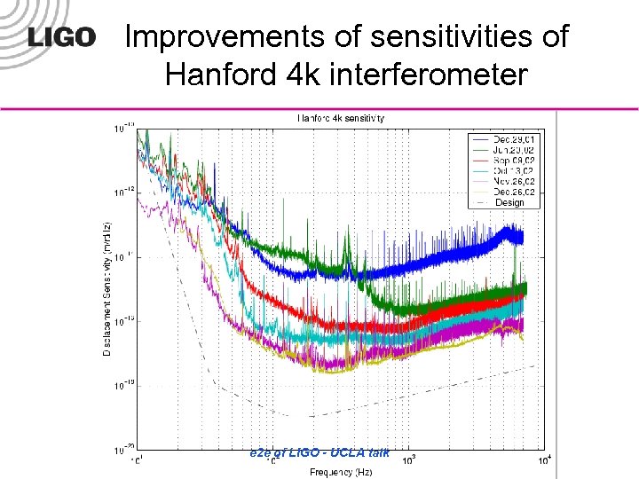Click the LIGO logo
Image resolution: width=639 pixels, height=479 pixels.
point(61,37)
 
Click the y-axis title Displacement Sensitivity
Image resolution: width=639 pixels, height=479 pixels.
point(107,288)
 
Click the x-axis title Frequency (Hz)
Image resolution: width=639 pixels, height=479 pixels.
point(342,471)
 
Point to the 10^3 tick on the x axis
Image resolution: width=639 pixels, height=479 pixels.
point(409,459)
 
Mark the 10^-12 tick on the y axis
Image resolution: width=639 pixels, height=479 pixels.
point(123,192)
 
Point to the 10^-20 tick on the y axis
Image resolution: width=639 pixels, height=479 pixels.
point(123,450)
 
